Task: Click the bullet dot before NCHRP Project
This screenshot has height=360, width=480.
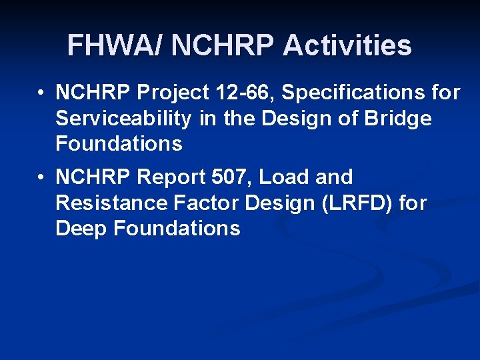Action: (41, 93)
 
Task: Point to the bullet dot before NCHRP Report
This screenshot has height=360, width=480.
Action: (41, 178)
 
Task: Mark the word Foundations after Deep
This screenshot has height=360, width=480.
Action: (177, 229)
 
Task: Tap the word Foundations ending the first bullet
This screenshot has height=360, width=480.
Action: (119, 144)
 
